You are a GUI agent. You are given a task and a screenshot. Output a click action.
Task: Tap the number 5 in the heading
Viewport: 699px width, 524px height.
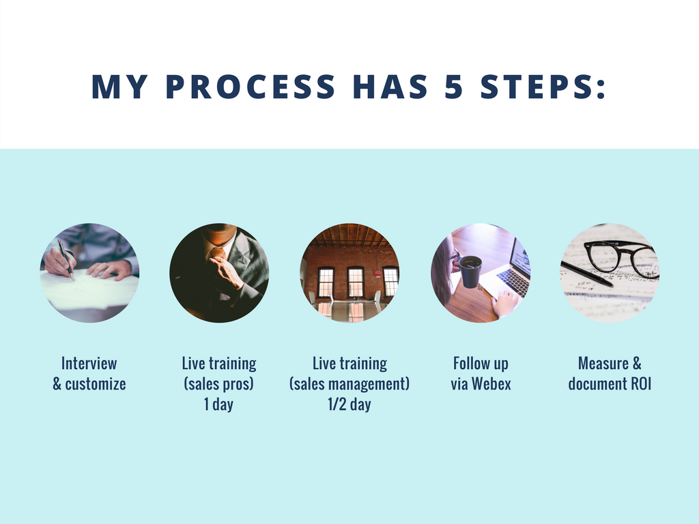pos(454,87)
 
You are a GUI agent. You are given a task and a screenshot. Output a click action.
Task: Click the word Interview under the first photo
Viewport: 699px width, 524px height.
pos(89,363)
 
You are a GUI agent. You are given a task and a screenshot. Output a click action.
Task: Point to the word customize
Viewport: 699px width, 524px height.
pos(96,383)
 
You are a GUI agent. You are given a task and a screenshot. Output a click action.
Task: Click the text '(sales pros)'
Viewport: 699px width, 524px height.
pos(219,383)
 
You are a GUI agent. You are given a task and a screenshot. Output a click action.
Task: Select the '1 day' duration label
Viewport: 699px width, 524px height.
pos(219,404)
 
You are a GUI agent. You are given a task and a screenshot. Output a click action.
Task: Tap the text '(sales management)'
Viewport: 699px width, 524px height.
pos(349,383)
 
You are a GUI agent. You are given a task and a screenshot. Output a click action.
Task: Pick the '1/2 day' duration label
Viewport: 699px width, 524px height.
pos(349,404)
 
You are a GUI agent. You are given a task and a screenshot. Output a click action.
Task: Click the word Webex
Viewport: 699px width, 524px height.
pos(491,383)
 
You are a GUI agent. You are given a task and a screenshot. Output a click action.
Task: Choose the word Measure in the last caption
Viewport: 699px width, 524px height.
pos(603,363)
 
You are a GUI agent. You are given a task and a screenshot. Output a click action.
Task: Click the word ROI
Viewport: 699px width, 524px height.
pos(641,383)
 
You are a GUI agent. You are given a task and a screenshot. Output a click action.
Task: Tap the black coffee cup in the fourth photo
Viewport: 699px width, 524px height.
pos(470,271)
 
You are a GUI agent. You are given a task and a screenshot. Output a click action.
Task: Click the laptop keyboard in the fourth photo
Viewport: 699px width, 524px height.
pos(513,282)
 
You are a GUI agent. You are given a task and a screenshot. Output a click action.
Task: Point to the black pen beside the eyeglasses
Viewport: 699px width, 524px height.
pos(586,274)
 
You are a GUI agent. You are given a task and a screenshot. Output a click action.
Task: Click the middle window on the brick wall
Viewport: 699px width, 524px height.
pos(355,282)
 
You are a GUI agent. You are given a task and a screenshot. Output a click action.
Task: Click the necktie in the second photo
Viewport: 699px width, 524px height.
pos(218,252)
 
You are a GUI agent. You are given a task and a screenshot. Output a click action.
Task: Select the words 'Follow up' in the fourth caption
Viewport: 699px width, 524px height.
pos(481,363)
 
